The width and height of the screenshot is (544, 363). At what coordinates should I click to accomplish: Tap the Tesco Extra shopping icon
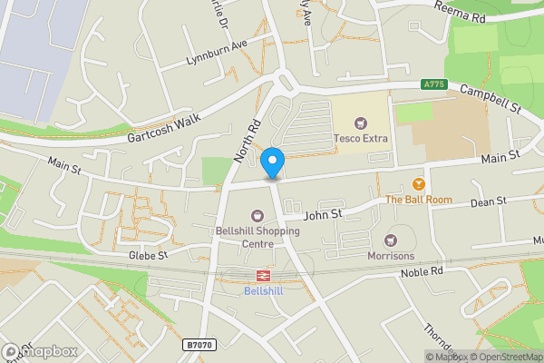(x=362, y=123)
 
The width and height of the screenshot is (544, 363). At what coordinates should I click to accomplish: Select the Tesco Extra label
(x=362, y=139)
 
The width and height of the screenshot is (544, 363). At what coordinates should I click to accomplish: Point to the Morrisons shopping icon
(x=391, y=240)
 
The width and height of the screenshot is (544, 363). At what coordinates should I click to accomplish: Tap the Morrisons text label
(x=391, y=256)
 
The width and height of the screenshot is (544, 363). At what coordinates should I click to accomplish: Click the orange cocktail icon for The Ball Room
(x=418, y=183)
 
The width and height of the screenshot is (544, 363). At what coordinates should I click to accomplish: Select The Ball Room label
(x=418, y=199)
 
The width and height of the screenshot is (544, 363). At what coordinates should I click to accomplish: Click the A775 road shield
(x=435, y=85)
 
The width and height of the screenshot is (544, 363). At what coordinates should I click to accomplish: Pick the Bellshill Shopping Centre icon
(x=257, y=216)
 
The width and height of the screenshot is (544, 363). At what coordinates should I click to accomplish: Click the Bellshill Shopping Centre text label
(x=257, y=237)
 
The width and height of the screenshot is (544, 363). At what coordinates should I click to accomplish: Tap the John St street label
(x=322, y=215)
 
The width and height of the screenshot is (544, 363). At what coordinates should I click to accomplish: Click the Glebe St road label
(x=149, y=256)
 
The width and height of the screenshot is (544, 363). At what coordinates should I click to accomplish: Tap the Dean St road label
(x=487, y=201)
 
